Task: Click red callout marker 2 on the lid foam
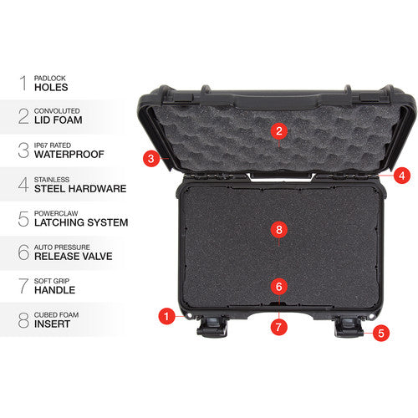click(x=279, y=130)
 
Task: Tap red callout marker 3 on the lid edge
click(x=150, y=157)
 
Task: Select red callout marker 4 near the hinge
click(x=402, y=176)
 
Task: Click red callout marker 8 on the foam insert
click(x=279, y=228)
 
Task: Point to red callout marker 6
click(x=279, y=286)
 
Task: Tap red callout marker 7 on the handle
click(x=279, y=326)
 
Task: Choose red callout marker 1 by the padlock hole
click(x=166, y=316)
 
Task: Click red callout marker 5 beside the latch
click(x=381, y=332)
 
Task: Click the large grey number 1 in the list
click(x=22, y=82)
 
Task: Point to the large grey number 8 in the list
click(x=22, y=319)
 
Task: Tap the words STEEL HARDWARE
click(x=79, y=189)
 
